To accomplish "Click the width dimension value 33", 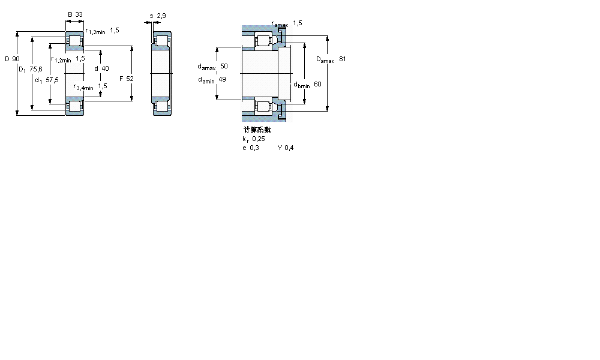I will (x=79, y=14).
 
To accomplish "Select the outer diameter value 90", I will (x=16, y=59).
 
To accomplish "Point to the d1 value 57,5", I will (x=52, y=80).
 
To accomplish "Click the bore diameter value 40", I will (x=105, y=68).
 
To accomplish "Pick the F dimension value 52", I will (x=130, y=79).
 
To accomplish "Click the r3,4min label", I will (x=83, y=87).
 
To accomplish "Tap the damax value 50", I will (x=224, y=66).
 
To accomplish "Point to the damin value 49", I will (x=222, y=79).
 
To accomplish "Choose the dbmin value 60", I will (x=317, y=84).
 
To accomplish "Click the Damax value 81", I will (x=342, y=59).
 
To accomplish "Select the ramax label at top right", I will (x=280, y=24).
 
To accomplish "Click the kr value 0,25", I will (x=259, y=139).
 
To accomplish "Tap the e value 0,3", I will (x=254, y=148).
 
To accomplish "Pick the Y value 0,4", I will (x=289, y=148).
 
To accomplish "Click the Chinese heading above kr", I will (x=257, y=130).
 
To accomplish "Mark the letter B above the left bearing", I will (x=70, y=14).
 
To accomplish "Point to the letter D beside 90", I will (x=7, y=59).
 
